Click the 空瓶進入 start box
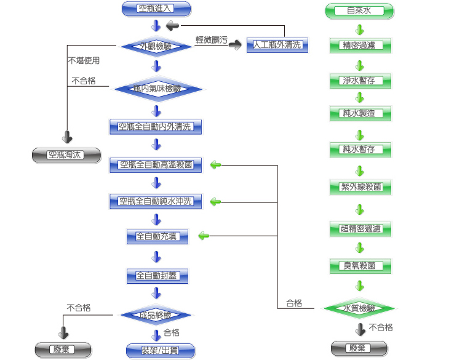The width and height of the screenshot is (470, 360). coord(156,9)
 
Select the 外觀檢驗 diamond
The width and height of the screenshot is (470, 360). coord(156,46)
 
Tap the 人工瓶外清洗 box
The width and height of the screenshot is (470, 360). coord(277,45)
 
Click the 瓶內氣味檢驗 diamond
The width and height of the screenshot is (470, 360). coord(156,89)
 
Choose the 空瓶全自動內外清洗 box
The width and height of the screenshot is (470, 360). coord(156,127)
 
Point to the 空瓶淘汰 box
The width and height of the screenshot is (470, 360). coord(66,155)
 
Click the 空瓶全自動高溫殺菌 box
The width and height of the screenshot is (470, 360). coord(156,165)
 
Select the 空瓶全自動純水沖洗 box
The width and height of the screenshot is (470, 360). coord(156,201)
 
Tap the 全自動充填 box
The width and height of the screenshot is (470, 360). coord(157,236)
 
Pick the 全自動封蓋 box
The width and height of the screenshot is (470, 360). coord(157,276)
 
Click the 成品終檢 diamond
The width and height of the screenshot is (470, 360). coord(156,316)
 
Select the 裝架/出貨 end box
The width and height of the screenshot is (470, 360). coord(161,351)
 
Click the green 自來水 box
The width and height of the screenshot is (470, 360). coord(359,10)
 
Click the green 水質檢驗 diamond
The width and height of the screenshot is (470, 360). coord(360,308)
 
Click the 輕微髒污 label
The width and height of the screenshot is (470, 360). coord(211,39)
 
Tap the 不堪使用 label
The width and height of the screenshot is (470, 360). coord(84,61)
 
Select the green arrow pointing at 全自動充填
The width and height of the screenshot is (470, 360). coord(204,236)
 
